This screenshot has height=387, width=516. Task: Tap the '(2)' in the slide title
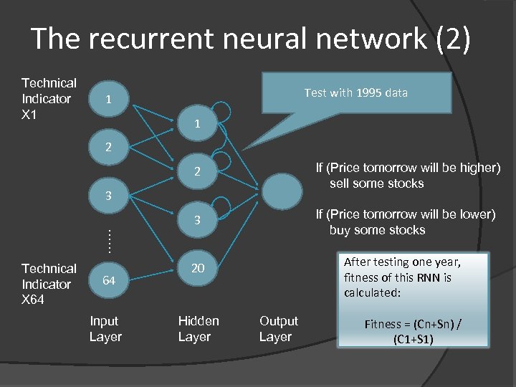pos(453,39)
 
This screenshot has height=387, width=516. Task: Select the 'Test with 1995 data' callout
pos(356,92)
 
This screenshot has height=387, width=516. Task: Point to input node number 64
pos(107,280)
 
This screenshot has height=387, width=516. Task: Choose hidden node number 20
pos(198,268)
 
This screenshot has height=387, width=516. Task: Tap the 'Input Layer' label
pos(105,329)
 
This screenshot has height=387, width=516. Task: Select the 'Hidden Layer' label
pos(199,329)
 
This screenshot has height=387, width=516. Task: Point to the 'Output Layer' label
pos(279,329)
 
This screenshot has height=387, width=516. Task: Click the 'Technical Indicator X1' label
pos(49,99)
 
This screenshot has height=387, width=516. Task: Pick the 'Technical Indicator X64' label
pos(49,284)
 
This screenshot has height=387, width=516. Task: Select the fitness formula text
pos(413,330)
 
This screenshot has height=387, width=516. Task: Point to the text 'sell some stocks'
pos(376,183)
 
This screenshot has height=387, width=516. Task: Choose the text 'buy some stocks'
pos(377,230)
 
